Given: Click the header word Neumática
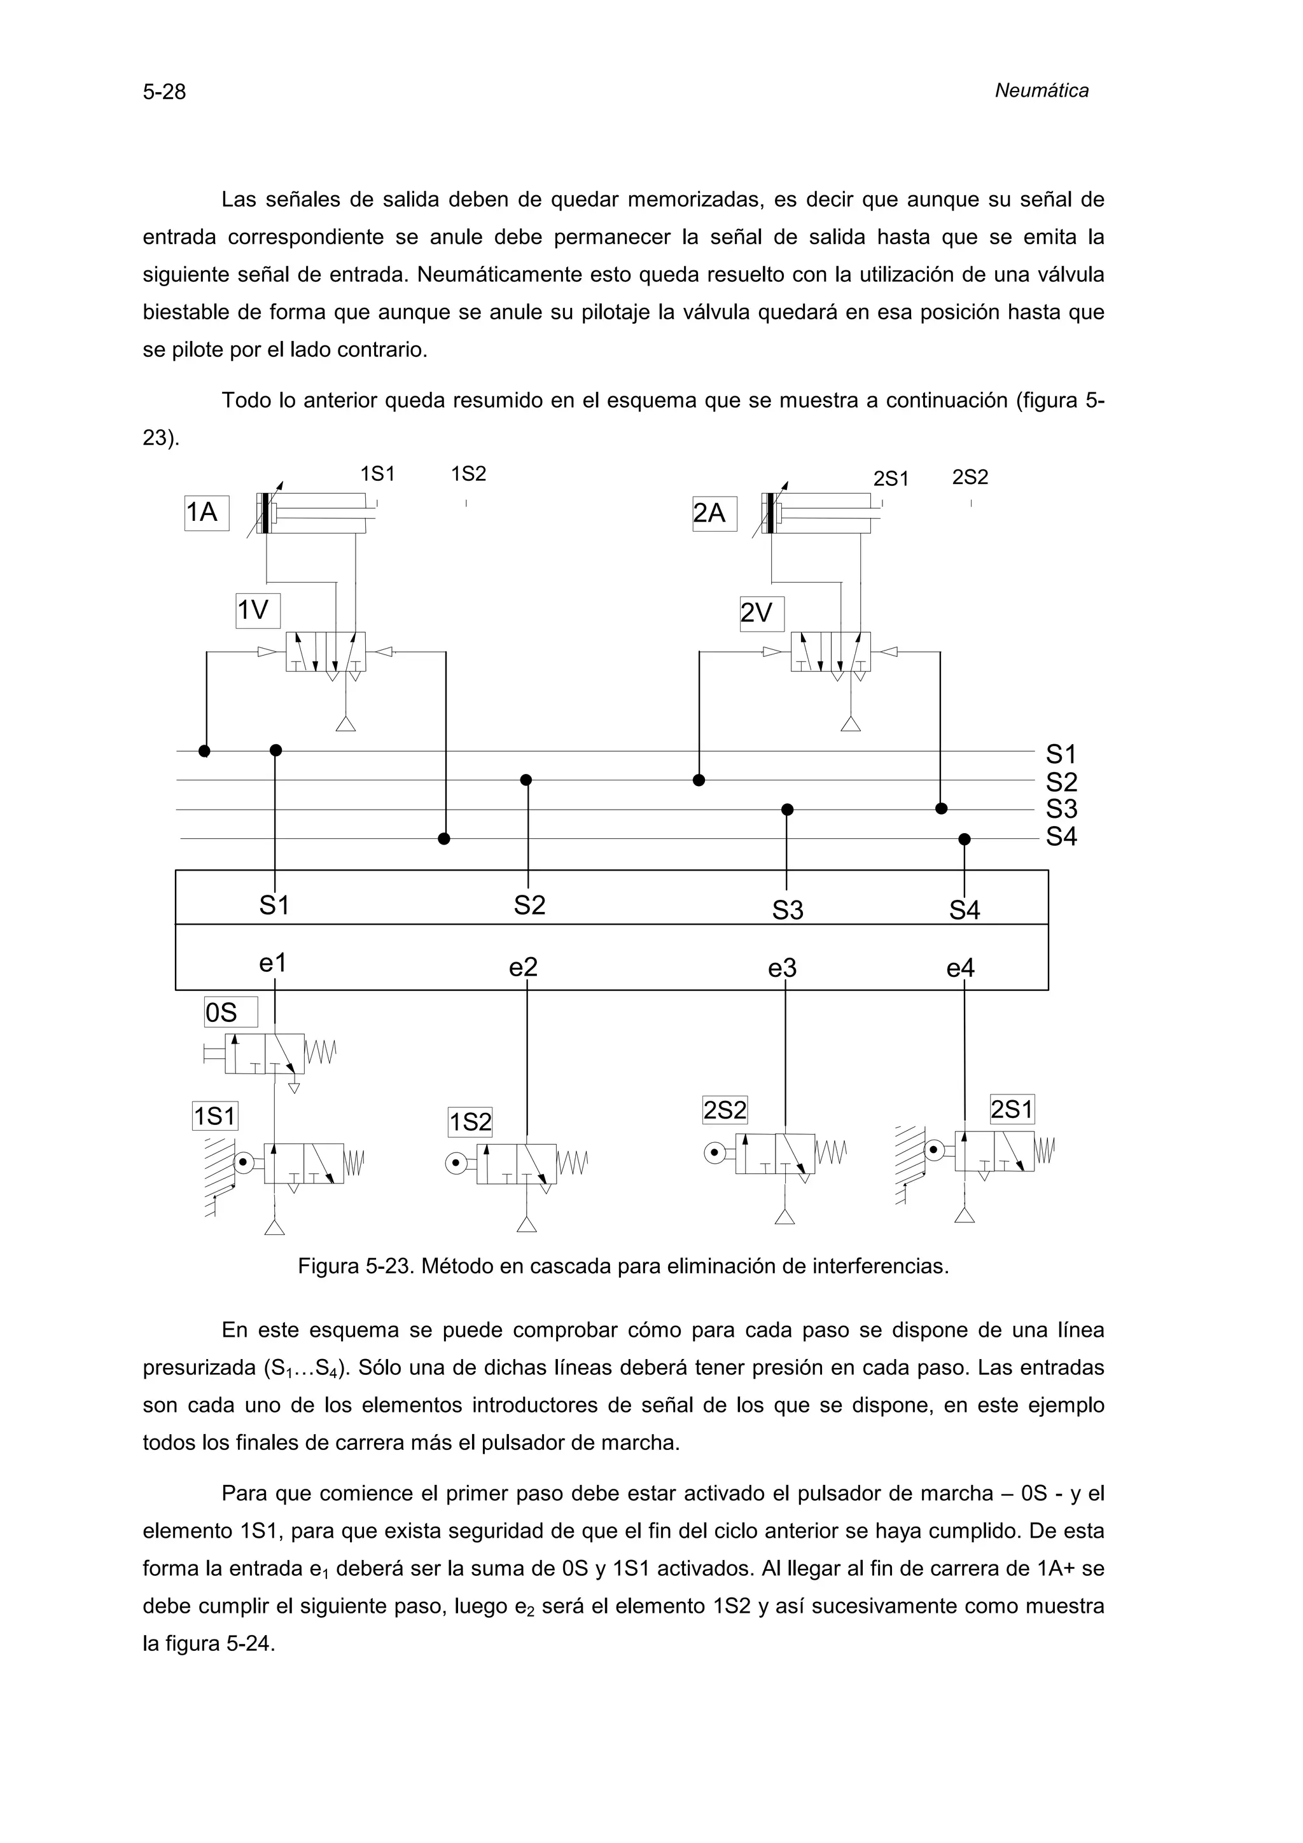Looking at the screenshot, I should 1042,91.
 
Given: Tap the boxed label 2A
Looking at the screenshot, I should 714,513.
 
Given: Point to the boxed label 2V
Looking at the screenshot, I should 761,613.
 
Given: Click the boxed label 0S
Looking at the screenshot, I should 230,1012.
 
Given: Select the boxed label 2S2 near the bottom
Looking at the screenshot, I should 724,1110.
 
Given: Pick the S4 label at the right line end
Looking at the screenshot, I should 1061,836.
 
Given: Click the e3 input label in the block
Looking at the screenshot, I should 782,969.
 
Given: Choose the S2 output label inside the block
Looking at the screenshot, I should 529,906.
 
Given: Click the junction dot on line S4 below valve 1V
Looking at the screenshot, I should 444,839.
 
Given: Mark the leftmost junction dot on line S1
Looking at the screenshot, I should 205,750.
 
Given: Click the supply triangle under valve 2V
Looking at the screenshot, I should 850,723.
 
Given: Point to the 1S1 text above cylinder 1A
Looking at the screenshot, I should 377,474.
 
